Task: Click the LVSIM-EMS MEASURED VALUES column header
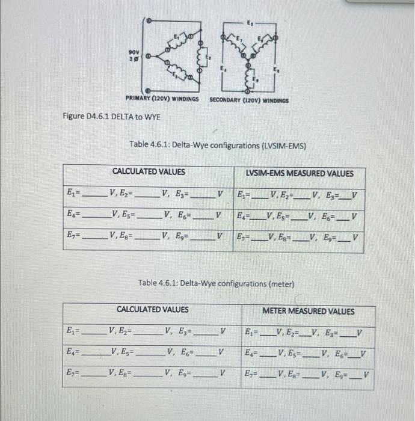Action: coord(300,173)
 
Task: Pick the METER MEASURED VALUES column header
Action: coord(308,311)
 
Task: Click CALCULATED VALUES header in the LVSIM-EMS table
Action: coord(149,172)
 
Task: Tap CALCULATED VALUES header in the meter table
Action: coord(152,309)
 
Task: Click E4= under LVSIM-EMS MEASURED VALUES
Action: coord(242,216)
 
